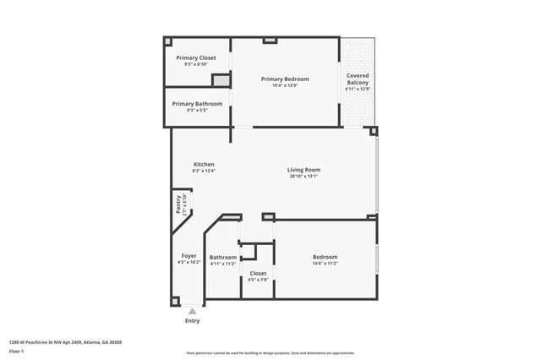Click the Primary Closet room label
coord(196,57)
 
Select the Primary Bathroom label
coord(197,103)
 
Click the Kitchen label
coord(204,164)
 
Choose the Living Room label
coord(303,169)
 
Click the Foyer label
coord(189,255)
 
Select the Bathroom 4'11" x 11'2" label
coord(223,257)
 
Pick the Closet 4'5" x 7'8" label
coord(258,273)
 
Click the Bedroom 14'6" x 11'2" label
coord(325,257)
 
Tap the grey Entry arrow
coord(192,311)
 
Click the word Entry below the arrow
coord(193,321)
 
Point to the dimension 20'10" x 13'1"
coord(303,176)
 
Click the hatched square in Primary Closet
coord(221,80)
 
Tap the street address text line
coord(65,342)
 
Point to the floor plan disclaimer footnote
coord(270,352)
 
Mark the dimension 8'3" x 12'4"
coord(204,171)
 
